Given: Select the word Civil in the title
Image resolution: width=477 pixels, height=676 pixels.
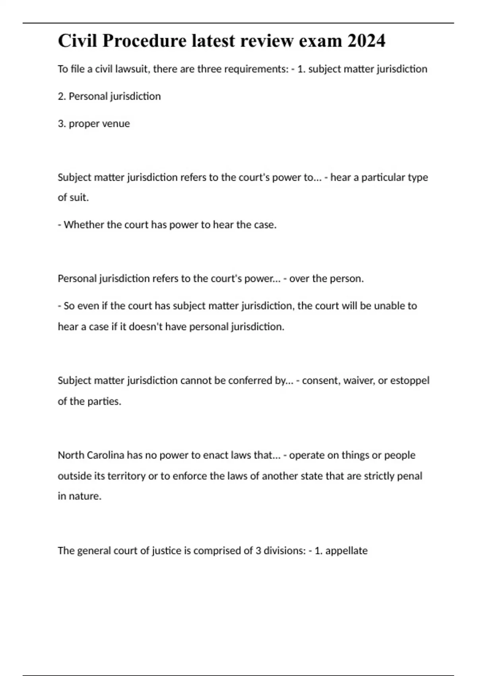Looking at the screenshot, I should (78, 41).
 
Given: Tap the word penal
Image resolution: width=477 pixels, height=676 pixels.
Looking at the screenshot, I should (411, 476).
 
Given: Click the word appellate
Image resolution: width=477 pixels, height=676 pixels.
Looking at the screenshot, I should (346, 551).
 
